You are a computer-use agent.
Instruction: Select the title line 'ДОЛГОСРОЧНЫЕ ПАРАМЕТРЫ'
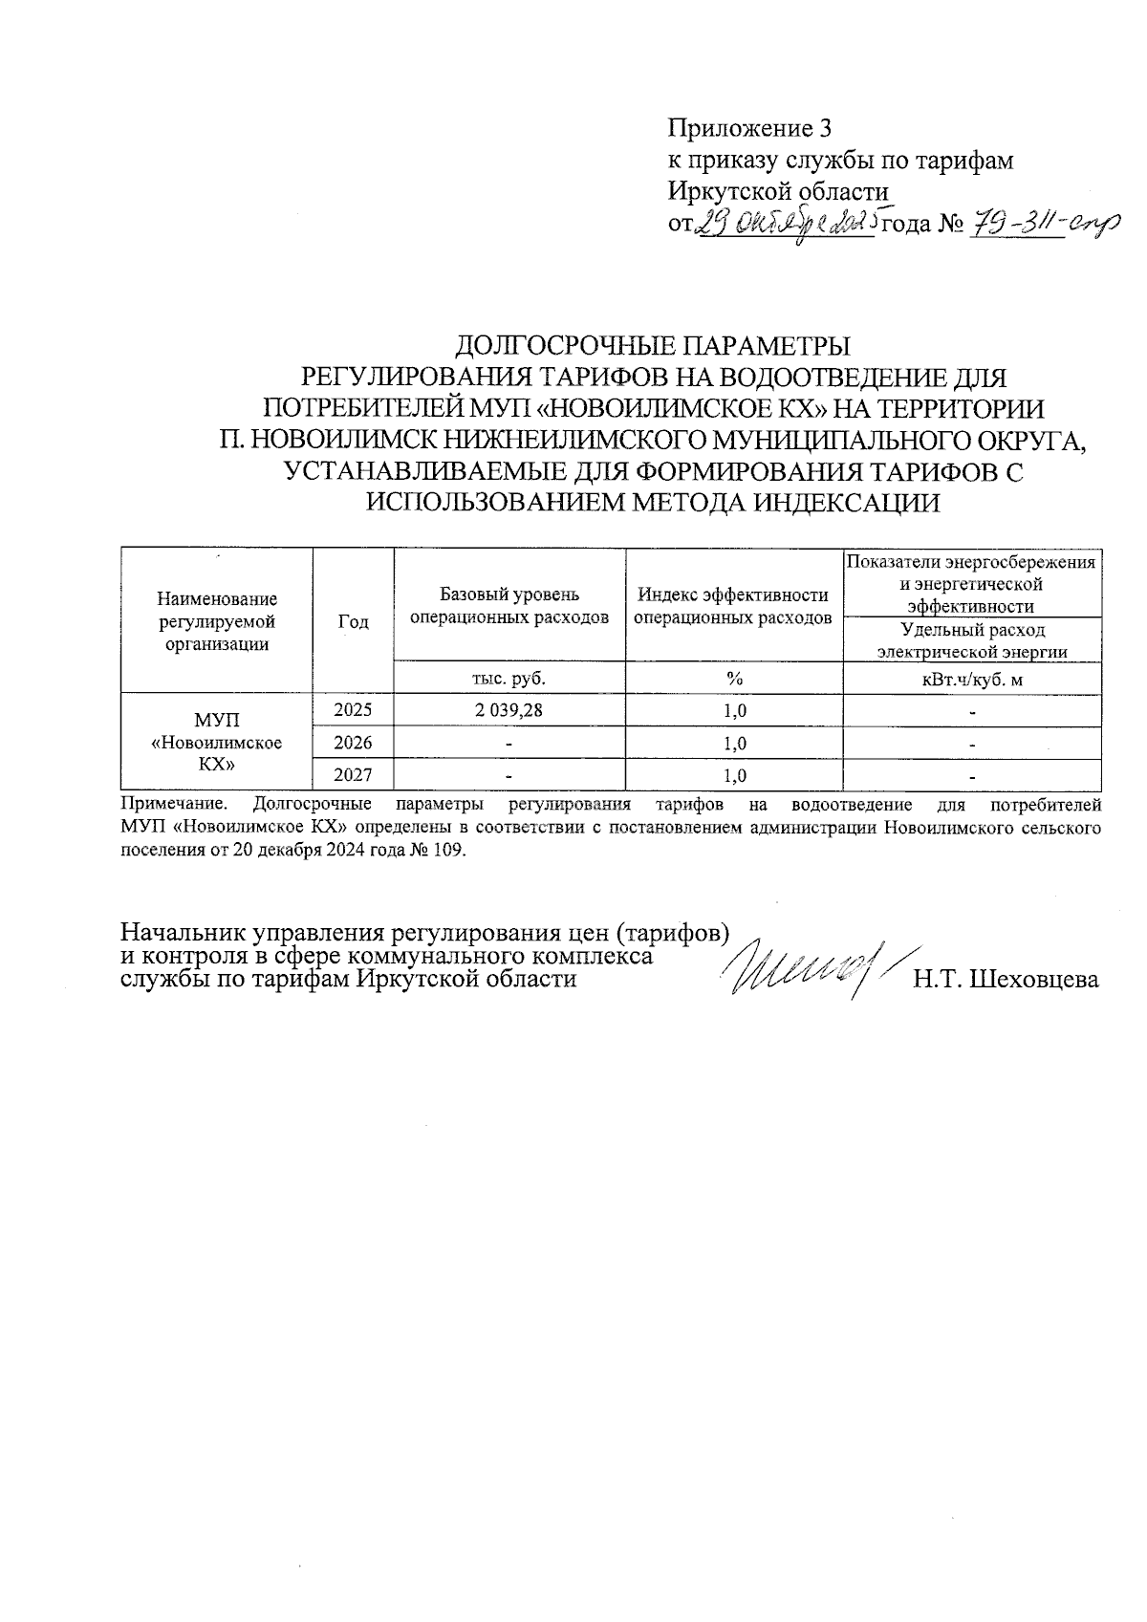pyautogui.click(x=653, y=345)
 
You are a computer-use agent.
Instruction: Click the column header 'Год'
pyautogui.click(x=353, y=621)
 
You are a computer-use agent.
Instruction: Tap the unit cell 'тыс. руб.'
pyautogui.click(x=509, y=678)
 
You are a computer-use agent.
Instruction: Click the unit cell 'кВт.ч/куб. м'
pyautogui.click(x=971, y=678)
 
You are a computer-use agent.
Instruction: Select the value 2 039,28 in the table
pyautogui.click(x=509, y=710)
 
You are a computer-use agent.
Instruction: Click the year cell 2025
pyautogui.click(x=353, y=710)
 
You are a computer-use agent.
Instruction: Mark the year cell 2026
pyautogui.click(x=353, y=743)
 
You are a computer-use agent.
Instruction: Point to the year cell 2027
pyautogui.click(x=353, y=775)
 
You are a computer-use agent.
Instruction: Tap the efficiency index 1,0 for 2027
pyautogui.click(x=734, y=775)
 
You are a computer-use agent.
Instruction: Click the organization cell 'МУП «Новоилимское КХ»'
pyautogui.click(x=216, y=742)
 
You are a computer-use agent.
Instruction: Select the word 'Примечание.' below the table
pyautogui.click(x=175, y=805)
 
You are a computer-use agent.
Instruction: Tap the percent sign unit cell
pyautogui.click(x=734, y=678)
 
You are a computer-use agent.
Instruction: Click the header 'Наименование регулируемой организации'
pyautogui.click(x=216, y=621)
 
